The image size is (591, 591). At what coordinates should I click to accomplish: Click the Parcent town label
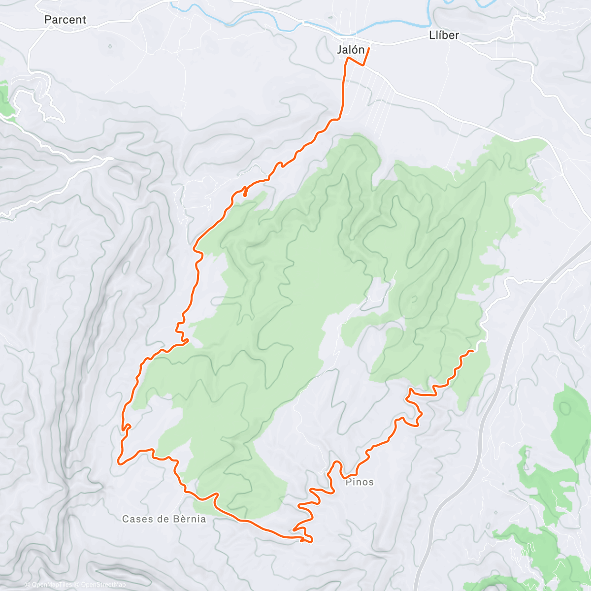pos(65,20)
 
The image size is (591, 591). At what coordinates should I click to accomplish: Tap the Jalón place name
pos(351,50)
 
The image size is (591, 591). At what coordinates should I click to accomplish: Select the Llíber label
pos(444,35)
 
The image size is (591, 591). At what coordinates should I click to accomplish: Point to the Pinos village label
pos(360,482)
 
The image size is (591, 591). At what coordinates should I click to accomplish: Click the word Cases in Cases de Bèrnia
pos(137,519)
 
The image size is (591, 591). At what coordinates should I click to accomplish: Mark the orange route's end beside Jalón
pos(369,48)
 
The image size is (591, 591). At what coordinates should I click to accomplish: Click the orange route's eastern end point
pos(472,351)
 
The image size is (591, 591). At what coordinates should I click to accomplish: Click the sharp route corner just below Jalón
pos(349,58)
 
